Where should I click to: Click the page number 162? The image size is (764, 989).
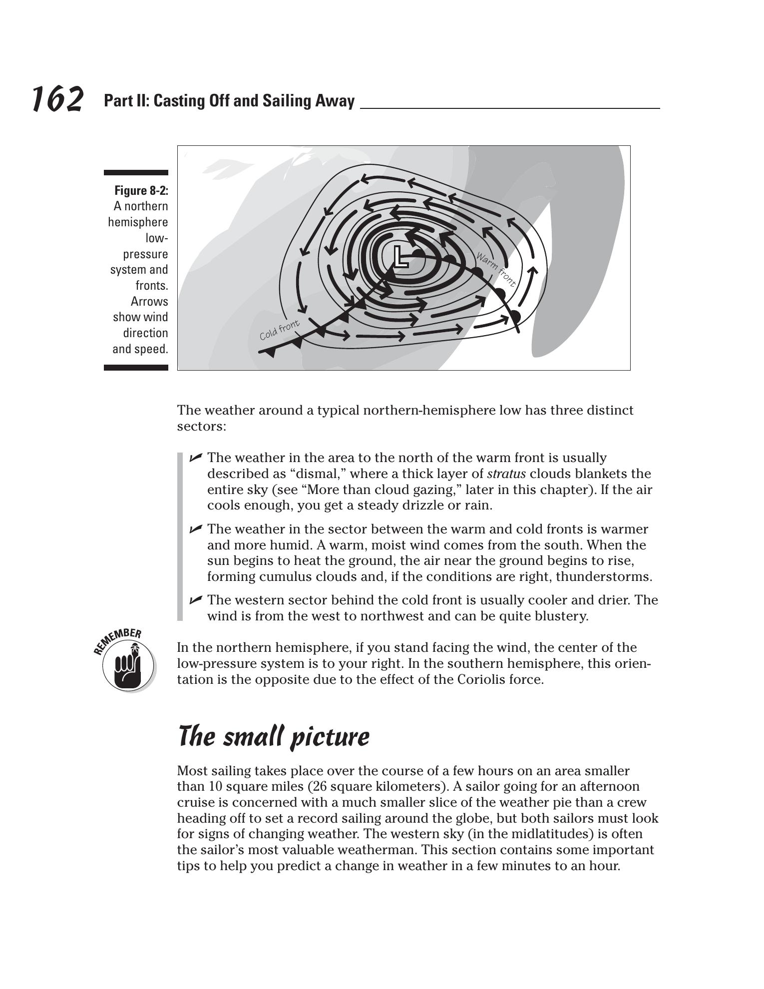click(57, 99)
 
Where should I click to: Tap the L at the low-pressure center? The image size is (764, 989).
click(399, 257)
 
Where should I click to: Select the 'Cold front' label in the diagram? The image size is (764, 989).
click(280, 330)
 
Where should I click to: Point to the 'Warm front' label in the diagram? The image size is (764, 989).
click(495, 270)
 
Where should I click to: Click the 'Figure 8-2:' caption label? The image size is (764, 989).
click(141, 191)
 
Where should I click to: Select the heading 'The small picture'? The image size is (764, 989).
click(274, 737)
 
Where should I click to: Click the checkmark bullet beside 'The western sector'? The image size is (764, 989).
click(196, 599)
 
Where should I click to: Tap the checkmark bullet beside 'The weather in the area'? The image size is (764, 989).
click(196, 457)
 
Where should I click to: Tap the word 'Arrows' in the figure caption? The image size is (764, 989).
click(149, 302)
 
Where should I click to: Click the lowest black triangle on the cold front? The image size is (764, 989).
click(270, 353)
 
